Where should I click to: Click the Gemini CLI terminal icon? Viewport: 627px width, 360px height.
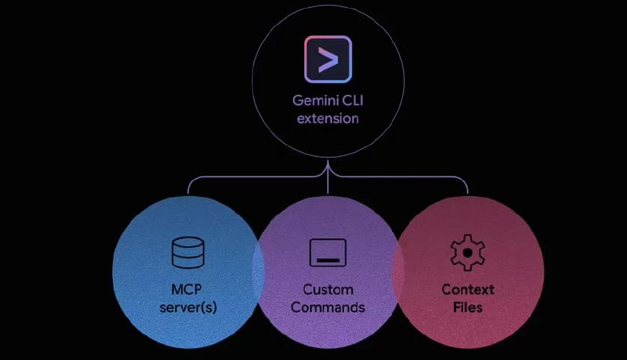328,60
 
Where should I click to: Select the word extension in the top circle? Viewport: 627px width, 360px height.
328,119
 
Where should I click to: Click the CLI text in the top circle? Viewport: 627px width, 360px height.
350,102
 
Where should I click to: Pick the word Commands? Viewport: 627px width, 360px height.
328,307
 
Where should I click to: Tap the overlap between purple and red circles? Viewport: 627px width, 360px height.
397,267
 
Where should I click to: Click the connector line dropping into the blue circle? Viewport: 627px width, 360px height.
188,187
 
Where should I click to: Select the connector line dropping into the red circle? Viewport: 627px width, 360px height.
467,187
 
